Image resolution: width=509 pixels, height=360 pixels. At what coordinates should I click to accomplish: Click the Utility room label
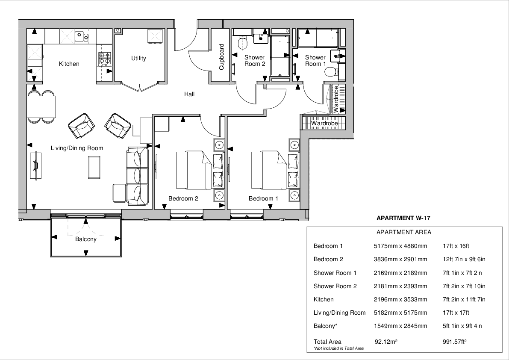138,58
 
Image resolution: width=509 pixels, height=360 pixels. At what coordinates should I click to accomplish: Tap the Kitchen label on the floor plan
69,64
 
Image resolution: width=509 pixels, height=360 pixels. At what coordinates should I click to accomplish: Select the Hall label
189,94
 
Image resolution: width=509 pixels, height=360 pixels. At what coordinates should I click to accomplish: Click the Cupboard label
221,57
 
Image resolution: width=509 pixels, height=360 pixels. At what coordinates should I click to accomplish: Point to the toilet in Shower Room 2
243,43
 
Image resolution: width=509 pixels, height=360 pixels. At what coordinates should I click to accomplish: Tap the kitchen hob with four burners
105,59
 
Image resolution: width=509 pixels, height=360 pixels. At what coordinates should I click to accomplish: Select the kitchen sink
82,37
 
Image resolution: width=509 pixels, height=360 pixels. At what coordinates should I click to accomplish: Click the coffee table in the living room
94,167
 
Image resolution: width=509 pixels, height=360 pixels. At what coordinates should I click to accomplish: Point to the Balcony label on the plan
86,239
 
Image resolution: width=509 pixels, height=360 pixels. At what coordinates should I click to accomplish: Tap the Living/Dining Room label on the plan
77,148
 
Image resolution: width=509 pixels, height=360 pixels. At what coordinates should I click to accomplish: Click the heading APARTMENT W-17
403,218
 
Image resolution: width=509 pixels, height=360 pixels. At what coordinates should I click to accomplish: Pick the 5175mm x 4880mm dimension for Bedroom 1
400,246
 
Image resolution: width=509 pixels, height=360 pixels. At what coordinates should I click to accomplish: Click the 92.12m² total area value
386,342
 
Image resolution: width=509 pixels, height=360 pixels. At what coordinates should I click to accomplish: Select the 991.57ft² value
455,342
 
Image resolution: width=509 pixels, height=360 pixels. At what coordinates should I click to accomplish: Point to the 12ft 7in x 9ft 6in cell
464,259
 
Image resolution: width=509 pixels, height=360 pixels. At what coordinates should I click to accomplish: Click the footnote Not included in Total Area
338,348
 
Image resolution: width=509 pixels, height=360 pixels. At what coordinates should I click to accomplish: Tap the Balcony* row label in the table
325,326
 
